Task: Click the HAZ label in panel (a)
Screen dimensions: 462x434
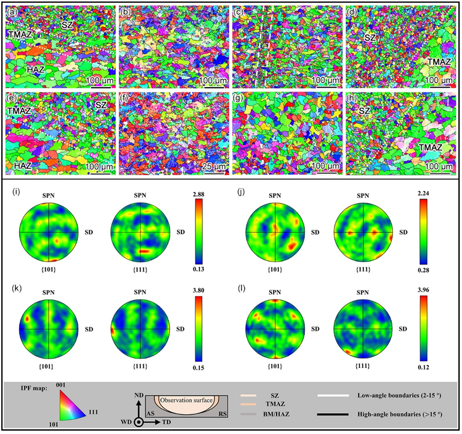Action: click(36, 70)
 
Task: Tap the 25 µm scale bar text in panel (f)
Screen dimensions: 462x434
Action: click(214, 167)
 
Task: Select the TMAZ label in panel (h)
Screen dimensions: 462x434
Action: click(431, 147)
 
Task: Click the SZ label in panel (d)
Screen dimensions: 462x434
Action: click(370, 38)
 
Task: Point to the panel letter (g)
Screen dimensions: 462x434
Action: click(238, 98)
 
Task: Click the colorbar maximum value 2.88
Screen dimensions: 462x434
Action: click(198, 194)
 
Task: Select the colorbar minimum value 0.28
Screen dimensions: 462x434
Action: click(423, 270)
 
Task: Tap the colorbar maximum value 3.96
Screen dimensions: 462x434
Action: click(423, 290)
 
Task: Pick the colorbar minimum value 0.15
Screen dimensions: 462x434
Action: click(198, 368)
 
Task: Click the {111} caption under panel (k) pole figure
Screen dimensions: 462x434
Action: click(140, 366)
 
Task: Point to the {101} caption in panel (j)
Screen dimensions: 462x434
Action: click(275, 269)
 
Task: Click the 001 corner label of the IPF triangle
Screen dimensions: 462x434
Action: click(60, 385)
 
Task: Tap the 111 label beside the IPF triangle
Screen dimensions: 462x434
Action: click(93, 412)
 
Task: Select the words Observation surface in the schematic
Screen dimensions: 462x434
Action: click(186, 400)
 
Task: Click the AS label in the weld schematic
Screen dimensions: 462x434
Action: click(151, 414)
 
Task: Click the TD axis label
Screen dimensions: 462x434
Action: click(166, 422)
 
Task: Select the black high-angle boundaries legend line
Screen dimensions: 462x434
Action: click(333, 414)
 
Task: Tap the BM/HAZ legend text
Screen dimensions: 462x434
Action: click(276, 414)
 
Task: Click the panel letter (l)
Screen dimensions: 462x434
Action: click(242, 288)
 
